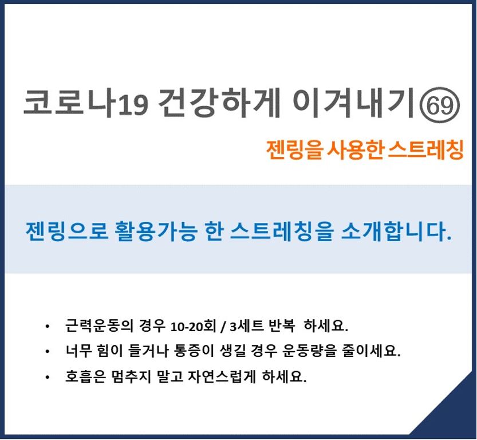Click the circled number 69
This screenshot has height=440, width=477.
pos(440,105)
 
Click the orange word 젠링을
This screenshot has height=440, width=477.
pos(294,150)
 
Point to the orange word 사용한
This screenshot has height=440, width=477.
pos(354,150)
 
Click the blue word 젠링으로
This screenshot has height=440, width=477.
pos(66,231)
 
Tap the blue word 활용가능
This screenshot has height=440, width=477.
pos(155,231)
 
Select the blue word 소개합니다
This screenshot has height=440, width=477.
pos(396,231)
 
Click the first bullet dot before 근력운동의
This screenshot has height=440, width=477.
pos(47,327)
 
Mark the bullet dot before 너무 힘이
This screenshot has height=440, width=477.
pos(47,352)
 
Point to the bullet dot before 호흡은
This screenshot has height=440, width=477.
pos(47,378)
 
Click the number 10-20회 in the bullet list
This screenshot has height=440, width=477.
pos(193,326)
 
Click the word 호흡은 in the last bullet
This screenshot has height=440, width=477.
pos(85,376)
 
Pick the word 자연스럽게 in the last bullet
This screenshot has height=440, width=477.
pos(222,376)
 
